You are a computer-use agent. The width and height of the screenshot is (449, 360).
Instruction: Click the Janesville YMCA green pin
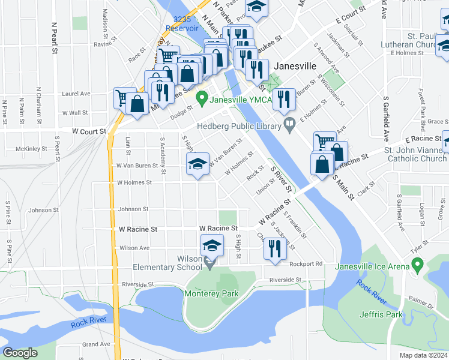(x=202, y=96)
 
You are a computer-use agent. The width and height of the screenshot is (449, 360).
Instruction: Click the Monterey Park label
(x=211, y=293)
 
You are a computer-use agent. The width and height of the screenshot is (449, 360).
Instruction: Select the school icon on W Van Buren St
(x=197, y=164)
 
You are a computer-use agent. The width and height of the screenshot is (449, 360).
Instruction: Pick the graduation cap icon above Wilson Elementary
(x=211, y=246)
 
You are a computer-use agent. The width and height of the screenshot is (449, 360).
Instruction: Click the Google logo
(x=20, y=353)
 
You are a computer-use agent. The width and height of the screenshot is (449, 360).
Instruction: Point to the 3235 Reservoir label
(x=182, y=24)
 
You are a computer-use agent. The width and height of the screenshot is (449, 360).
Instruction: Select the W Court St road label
(x=89, y=131)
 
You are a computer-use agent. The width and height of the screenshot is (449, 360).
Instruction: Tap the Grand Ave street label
(x=97, y=344)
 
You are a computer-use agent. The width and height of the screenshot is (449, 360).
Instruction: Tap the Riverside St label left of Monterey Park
(x=137, y=284)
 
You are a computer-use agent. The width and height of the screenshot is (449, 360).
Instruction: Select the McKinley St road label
(x=32, y=148)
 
